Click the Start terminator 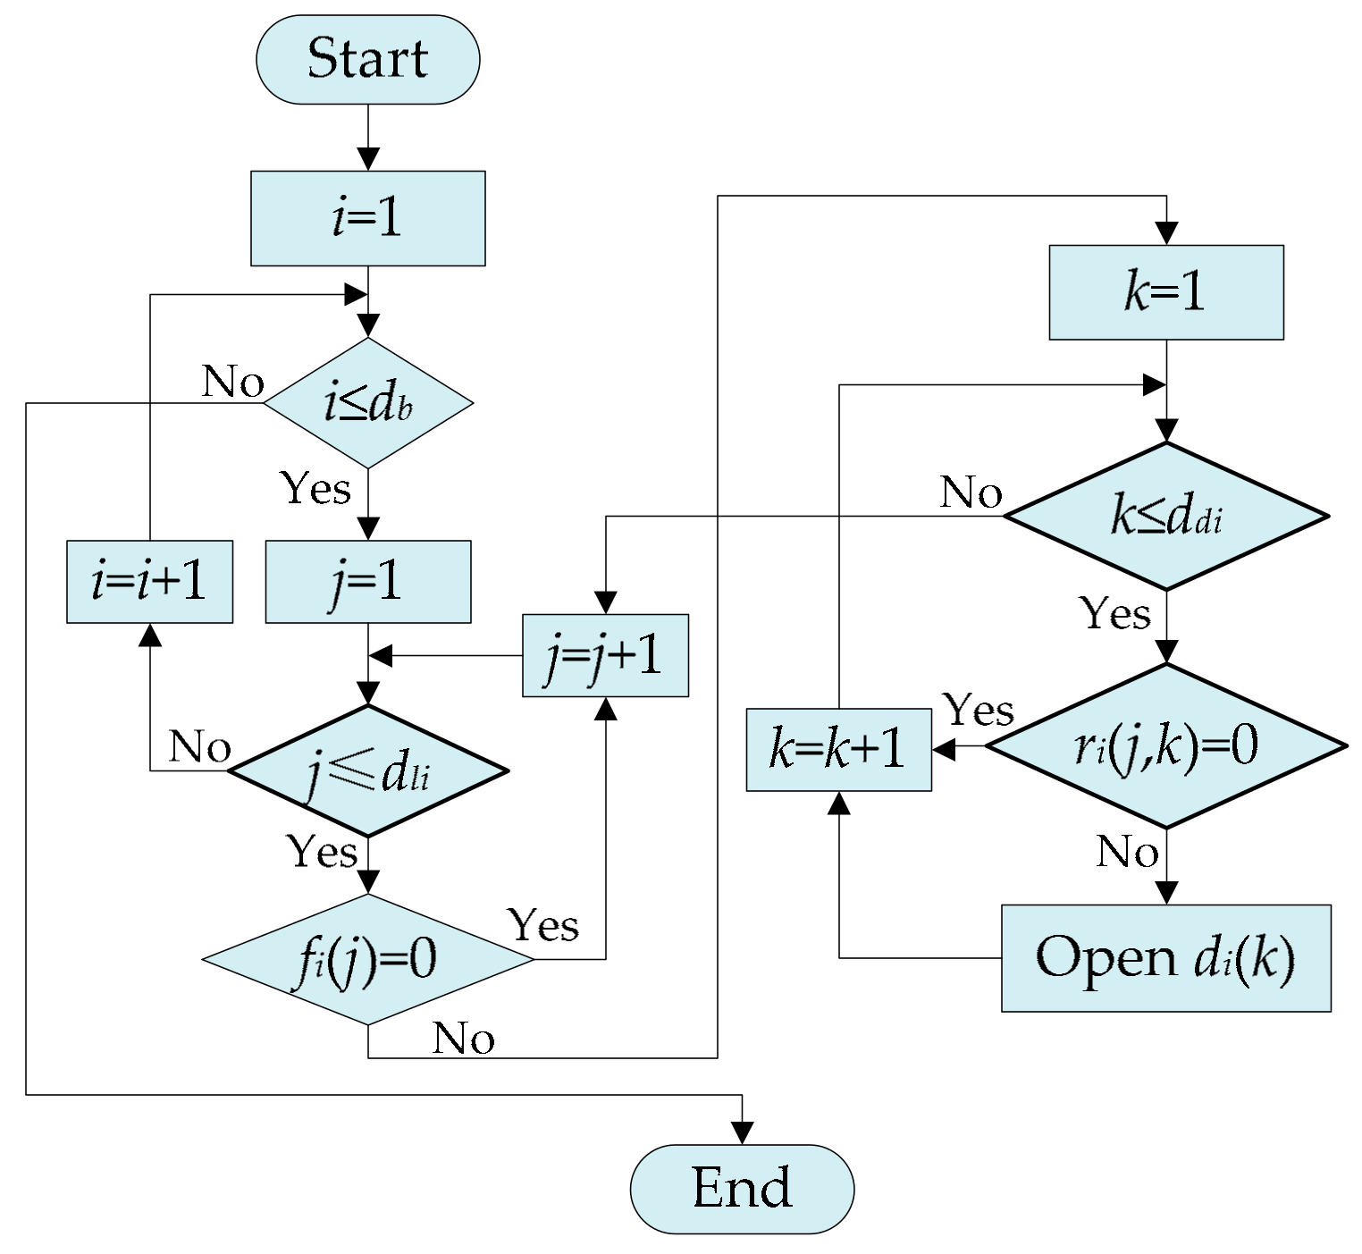(x=367, y=59)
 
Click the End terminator (x=742, y=1188)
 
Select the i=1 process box (x=367, y=218)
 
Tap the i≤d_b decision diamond (x=367, y=403)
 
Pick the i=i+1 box (x=149, y=582)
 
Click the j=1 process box (x=367, y=582)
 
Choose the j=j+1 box (x=605, y=655)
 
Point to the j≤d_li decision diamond (x=367, y=771)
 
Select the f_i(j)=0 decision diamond (x=367, y=959)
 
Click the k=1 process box (x=1165, y=292)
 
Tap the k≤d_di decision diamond (x=1165, y=516)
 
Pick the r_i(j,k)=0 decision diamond (x=1165, y=745)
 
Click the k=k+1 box (x=838, y=749)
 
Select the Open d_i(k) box (x=1165, y=957)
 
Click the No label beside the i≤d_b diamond (x=233, y=382)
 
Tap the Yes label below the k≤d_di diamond (x=1114, y=613)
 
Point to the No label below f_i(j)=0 (x=463, y=1039)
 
